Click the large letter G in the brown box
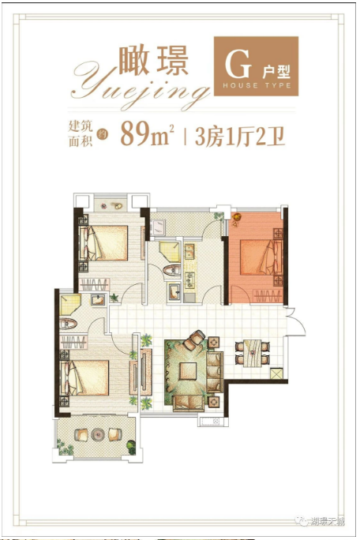tap(235, 62)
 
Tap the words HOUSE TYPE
tap(257, 85)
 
